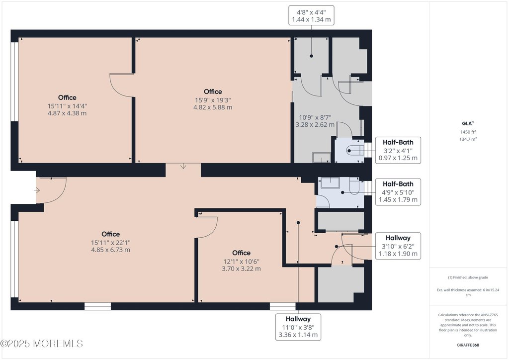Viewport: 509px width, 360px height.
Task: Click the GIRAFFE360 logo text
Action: click(468, 345)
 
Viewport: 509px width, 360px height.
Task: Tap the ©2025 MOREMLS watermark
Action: click(42, 344)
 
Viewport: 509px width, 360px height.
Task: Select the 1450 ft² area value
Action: click(468, 132)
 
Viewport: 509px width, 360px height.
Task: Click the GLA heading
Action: click(468, 123)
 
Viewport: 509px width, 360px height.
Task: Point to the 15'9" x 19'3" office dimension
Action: click(213, 100)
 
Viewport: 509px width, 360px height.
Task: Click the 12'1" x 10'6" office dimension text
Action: click(241, 262)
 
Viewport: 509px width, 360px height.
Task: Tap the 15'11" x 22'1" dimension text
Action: click(111, 243)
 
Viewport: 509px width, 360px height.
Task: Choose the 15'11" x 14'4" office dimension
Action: click(67, 106)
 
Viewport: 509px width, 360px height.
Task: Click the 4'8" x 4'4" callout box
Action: click(311, 15)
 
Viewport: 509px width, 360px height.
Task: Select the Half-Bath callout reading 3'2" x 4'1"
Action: click(398, 150)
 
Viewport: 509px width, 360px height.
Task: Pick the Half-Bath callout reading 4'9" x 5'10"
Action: click(398, 192)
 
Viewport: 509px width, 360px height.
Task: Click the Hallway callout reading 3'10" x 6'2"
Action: click(398, 246)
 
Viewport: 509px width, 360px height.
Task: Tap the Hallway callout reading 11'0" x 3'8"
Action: click(298, 327)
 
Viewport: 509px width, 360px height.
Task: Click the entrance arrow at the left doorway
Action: click(37, 190)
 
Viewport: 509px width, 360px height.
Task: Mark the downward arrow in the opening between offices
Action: click(183, 166)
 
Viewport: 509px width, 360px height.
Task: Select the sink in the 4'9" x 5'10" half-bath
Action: click(330, 183)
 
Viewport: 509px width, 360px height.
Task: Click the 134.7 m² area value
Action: click(468, 139)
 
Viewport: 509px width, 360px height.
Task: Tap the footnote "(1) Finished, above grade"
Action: click(468, 277)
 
